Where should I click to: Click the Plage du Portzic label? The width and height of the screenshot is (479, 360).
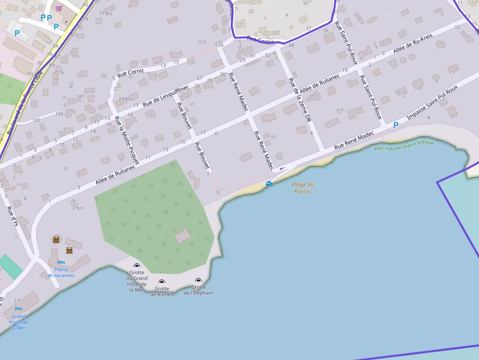click(303, 188)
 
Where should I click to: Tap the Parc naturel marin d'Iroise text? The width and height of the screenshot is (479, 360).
click(404, 145)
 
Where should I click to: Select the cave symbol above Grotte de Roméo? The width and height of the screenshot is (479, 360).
click(162, 282)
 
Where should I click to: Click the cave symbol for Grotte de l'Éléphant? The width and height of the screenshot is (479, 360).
click(198, 280)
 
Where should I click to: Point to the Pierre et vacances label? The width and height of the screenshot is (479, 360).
click(61, 272)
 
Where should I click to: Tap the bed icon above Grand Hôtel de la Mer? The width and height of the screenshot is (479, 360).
click(19, 309)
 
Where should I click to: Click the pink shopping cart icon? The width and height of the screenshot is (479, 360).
click(59, 8)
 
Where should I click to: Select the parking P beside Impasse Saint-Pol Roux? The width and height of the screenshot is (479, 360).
click(396, 125)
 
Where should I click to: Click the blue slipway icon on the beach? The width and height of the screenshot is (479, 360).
click(269, 183)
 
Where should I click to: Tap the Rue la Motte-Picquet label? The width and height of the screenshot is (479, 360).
click(127, 139)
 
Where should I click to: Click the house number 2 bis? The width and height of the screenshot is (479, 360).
click(78, 208)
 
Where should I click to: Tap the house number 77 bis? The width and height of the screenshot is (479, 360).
click(105, 13)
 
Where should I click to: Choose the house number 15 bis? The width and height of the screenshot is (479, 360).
click(125, 99)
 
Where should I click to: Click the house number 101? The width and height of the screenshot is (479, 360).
click(36, 120)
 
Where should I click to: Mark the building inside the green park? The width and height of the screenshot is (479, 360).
click(182, 236)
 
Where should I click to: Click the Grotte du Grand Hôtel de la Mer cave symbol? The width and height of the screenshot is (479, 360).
click(137, 266)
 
